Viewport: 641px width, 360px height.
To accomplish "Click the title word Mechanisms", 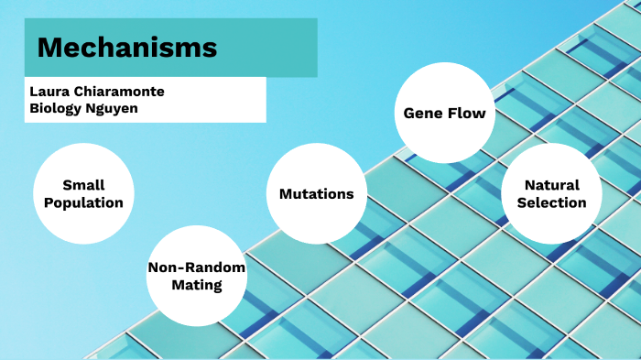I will pyautogui.click(x=127, y=48).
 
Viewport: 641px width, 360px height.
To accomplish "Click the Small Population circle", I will pyautogui.click(x=84, y=193).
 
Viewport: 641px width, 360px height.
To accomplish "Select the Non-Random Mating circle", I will pyautogui.click(x=197, y=276).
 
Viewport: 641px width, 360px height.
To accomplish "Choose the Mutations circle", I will pyautogui.click(x=316, y=193).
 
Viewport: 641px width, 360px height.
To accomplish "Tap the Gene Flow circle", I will pyautogui.click(x=444, y=113).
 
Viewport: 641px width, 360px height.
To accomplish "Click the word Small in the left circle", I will pyautogui.click(x=84, y=184).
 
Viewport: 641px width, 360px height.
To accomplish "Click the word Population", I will pyautogui.click(x=84, y=202).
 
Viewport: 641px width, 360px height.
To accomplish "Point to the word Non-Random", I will pyautogui.click(x=197, y=267).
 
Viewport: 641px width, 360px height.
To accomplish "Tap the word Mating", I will pyautogui.click(x=197, y=285).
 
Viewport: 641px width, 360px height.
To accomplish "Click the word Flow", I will pyautogui.click(x=466, y=113).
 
